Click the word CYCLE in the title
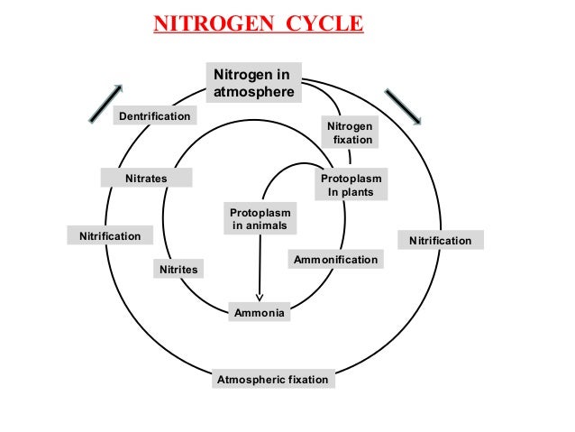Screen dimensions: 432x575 tap(324, 22)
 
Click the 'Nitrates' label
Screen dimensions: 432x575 tap(147, 179)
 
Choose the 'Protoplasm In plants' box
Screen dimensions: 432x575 tap(351, 186)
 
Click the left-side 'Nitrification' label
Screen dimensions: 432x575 tap(111, 236)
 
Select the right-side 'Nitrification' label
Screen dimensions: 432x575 tap(441, 241)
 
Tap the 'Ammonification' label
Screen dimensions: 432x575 tap(335, 260)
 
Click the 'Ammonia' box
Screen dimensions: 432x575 tap(260, 313)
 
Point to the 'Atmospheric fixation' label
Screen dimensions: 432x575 tap(273, 380)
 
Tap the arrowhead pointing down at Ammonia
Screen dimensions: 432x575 tap(260, 295)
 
